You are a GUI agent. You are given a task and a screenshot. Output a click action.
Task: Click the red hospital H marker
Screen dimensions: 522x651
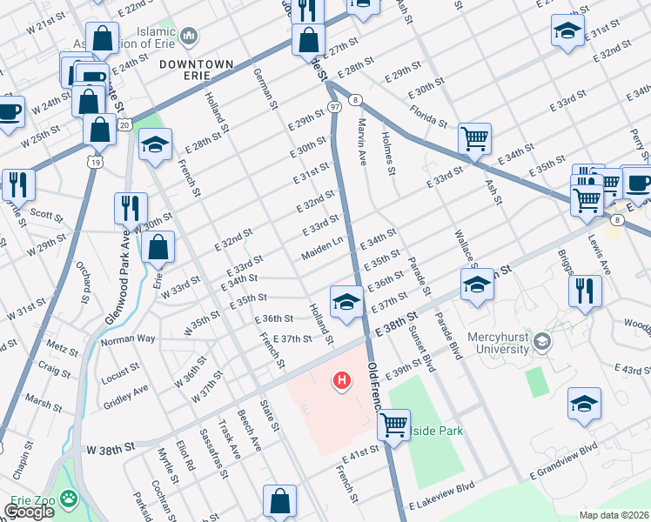coord(342,380)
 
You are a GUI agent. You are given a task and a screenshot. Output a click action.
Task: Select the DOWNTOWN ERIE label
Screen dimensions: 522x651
coord(197,70)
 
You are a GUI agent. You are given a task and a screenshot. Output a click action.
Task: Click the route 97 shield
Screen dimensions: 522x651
coord(334,106)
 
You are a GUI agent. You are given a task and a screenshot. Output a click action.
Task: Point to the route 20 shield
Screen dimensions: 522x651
coord(124,125)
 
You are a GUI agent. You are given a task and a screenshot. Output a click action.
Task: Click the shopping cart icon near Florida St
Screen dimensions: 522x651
coord(474,137)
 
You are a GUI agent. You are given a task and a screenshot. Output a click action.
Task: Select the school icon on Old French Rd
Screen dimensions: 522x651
coord(346,302)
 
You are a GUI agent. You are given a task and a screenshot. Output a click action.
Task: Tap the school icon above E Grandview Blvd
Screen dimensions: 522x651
coord(584,403)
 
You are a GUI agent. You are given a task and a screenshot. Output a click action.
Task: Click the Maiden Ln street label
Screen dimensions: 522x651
coord(322,251)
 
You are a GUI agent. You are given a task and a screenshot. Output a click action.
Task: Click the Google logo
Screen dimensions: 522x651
coord(29,512)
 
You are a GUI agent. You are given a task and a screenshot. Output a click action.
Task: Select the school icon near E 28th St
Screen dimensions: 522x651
coord(155,144)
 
